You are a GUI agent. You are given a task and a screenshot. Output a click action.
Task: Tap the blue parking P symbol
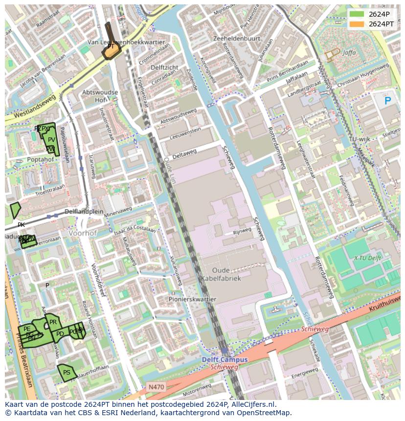[x=388, y=101]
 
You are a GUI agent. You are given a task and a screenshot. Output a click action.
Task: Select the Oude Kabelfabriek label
[x=220, y=274]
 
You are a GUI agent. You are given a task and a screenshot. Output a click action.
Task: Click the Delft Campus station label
[x=225, y=359]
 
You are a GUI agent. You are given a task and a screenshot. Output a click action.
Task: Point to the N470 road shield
[x=157, y=387]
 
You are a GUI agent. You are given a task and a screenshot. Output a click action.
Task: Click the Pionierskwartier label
[x=192, y=299]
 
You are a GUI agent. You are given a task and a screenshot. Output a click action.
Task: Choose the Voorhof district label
[x=83, y=233]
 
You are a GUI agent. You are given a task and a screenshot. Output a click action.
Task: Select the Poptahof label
[x=41, y=159]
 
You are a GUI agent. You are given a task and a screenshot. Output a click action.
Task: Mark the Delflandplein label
[x=85, y=212]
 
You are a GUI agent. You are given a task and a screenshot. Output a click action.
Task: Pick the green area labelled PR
[x=53, y=322]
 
